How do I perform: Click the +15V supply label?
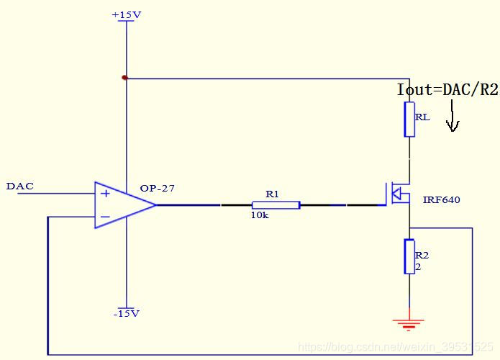coord(127,14)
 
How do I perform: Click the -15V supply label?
coord(126,313)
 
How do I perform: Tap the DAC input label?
coord(19,186)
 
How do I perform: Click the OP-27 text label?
coord(157,189)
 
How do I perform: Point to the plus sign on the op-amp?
coord(105,194)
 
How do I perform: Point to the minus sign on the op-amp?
coord(105,216)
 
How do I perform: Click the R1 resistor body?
coord(276,205)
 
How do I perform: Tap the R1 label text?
coord(272,194)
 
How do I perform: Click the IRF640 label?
coord(441,200)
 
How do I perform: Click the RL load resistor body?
coord(409,120)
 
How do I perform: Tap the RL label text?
coord(423,117)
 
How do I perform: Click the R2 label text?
coord(422,255)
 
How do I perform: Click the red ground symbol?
coord(409,323)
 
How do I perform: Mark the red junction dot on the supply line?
coord(125,77)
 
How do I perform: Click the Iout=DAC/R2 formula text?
coord(447,90)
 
